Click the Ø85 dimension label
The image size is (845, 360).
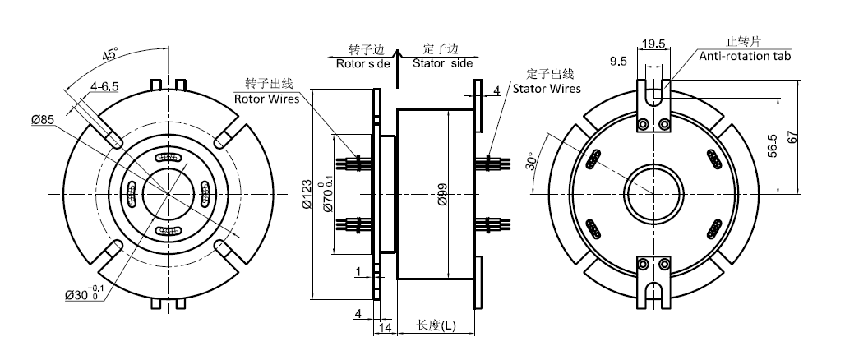coord(43,120)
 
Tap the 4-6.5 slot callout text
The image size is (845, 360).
coord(105,85)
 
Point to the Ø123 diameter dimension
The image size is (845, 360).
coord(307,194)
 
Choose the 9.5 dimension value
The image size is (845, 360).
coord(620,61)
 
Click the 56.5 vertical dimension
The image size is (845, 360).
coord(772,147)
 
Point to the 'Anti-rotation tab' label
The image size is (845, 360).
coord(746,57)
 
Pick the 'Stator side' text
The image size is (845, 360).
coord(442,62)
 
